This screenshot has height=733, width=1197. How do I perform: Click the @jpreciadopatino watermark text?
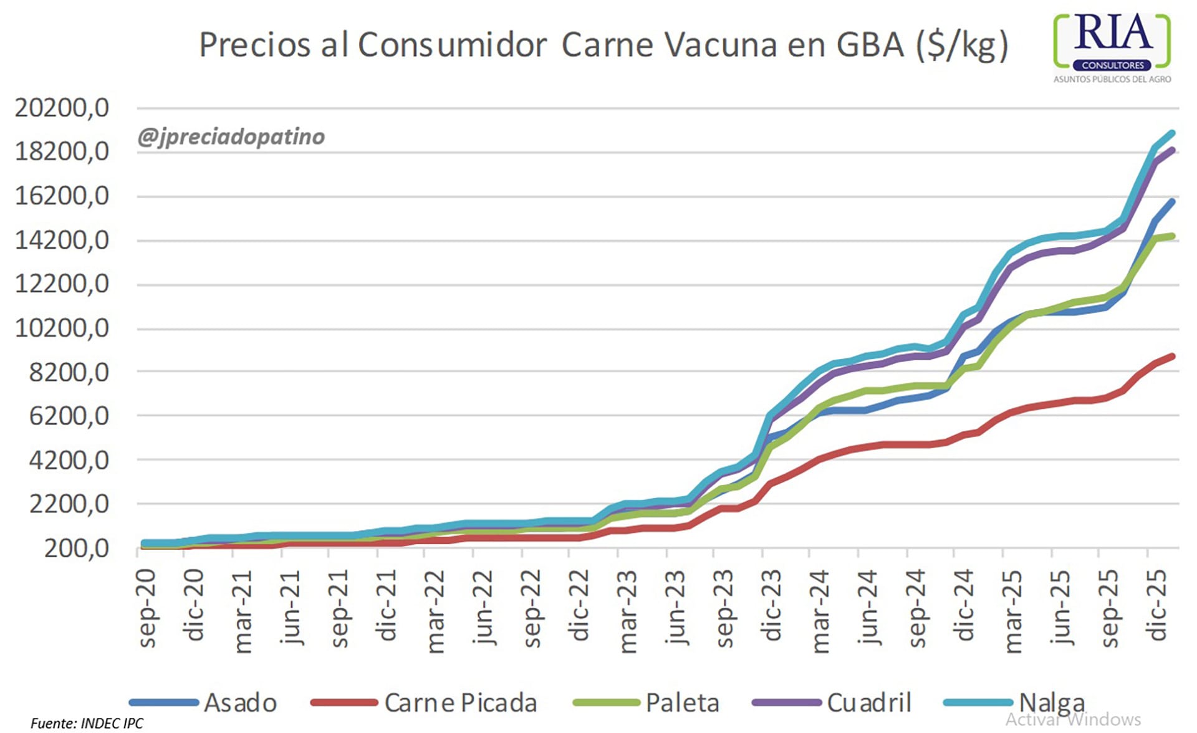click(231, 137)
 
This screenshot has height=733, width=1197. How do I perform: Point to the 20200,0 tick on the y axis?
click(62, 108)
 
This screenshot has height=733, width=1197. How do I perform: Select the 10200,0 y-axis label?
click(62, 328)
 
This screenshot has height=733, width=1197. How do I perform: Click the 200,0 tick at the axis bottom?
click(76, 549)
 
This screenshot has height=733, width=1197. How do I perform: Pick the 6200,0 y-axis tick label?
click(69, 416)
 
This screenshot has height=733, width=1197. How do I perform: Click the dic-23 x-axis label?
click(772, 605)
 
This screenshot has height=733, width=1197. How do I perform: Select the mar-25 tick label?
click(1013, 611)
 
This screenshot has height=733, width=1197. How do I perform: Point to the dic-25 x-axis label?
click(1157, 605)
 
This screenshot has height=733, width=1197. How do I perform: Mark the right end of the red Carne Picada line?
click(1173, 357)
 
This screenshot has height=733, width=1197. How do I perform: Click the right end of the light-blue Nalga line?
click(1173, 133)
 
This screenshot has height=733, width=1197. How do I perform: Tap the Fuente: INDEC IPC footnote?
click(87, 723)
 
